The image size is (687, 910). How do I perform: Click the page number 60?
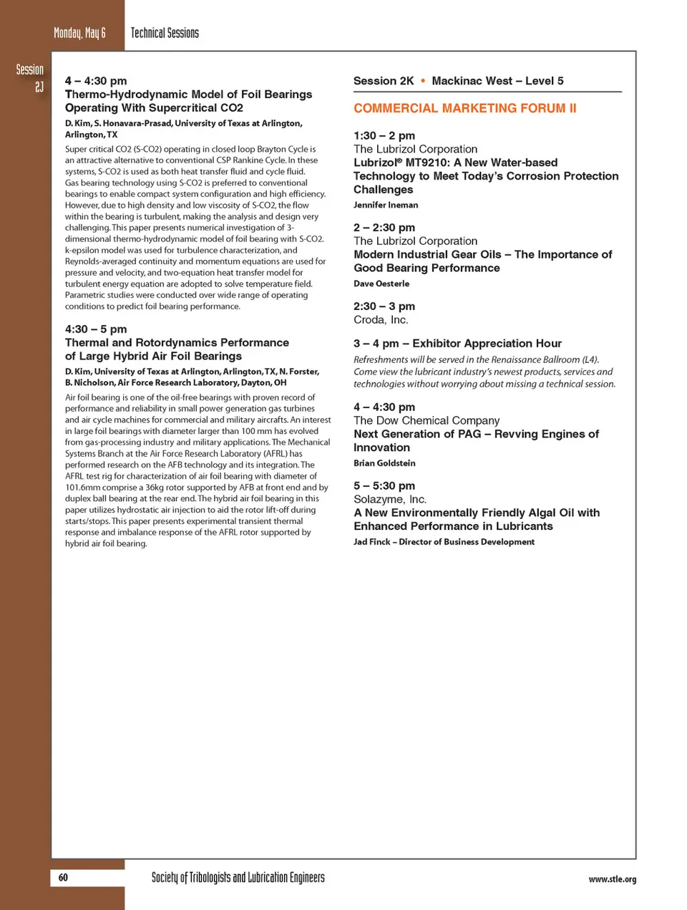coord(63,878)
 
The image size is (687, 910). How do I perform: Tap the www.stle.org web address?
coord(612,879)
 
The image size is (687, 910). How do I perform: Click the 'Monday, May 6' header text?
coord(79,33)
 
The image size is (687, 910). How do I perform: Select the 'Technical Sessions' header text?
coord(165,33)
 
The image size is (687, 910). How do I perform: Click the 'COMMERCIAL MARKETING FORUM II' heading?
coord(464,108)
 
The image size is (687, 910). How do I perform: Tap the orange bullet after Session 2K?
coord(423,81)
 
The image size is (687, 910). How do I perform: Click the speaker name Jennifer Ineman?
coord(386,205)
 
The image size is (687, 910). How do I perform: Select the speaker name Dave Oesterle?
coord(381,284)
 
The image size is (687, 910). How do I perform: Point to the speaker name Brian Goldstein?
coord(384,463)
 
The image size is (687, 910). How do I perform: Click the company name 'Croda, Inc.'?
coord(381,320)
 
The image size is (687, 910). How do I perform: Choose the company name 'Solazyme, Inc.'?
coord(389,499)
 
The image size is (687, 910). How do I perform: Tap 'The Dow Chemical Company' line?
coord(427,420)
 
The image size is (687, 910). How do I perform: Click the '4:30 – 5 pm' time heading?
coord(96,329)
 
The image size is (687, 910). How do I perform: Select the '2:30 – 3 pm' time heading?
coord(384,306)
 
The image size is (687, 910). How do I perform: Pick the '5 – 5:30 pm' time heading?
coord(384,485)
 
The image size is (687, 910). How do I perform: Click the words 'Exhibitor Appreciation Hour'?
coord(487,344)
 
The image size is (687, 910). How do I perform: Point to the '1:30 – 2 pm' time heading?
coord(384,135)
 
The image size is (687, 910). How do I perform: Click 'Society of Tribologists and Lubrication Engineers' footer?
coord(238,878)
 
